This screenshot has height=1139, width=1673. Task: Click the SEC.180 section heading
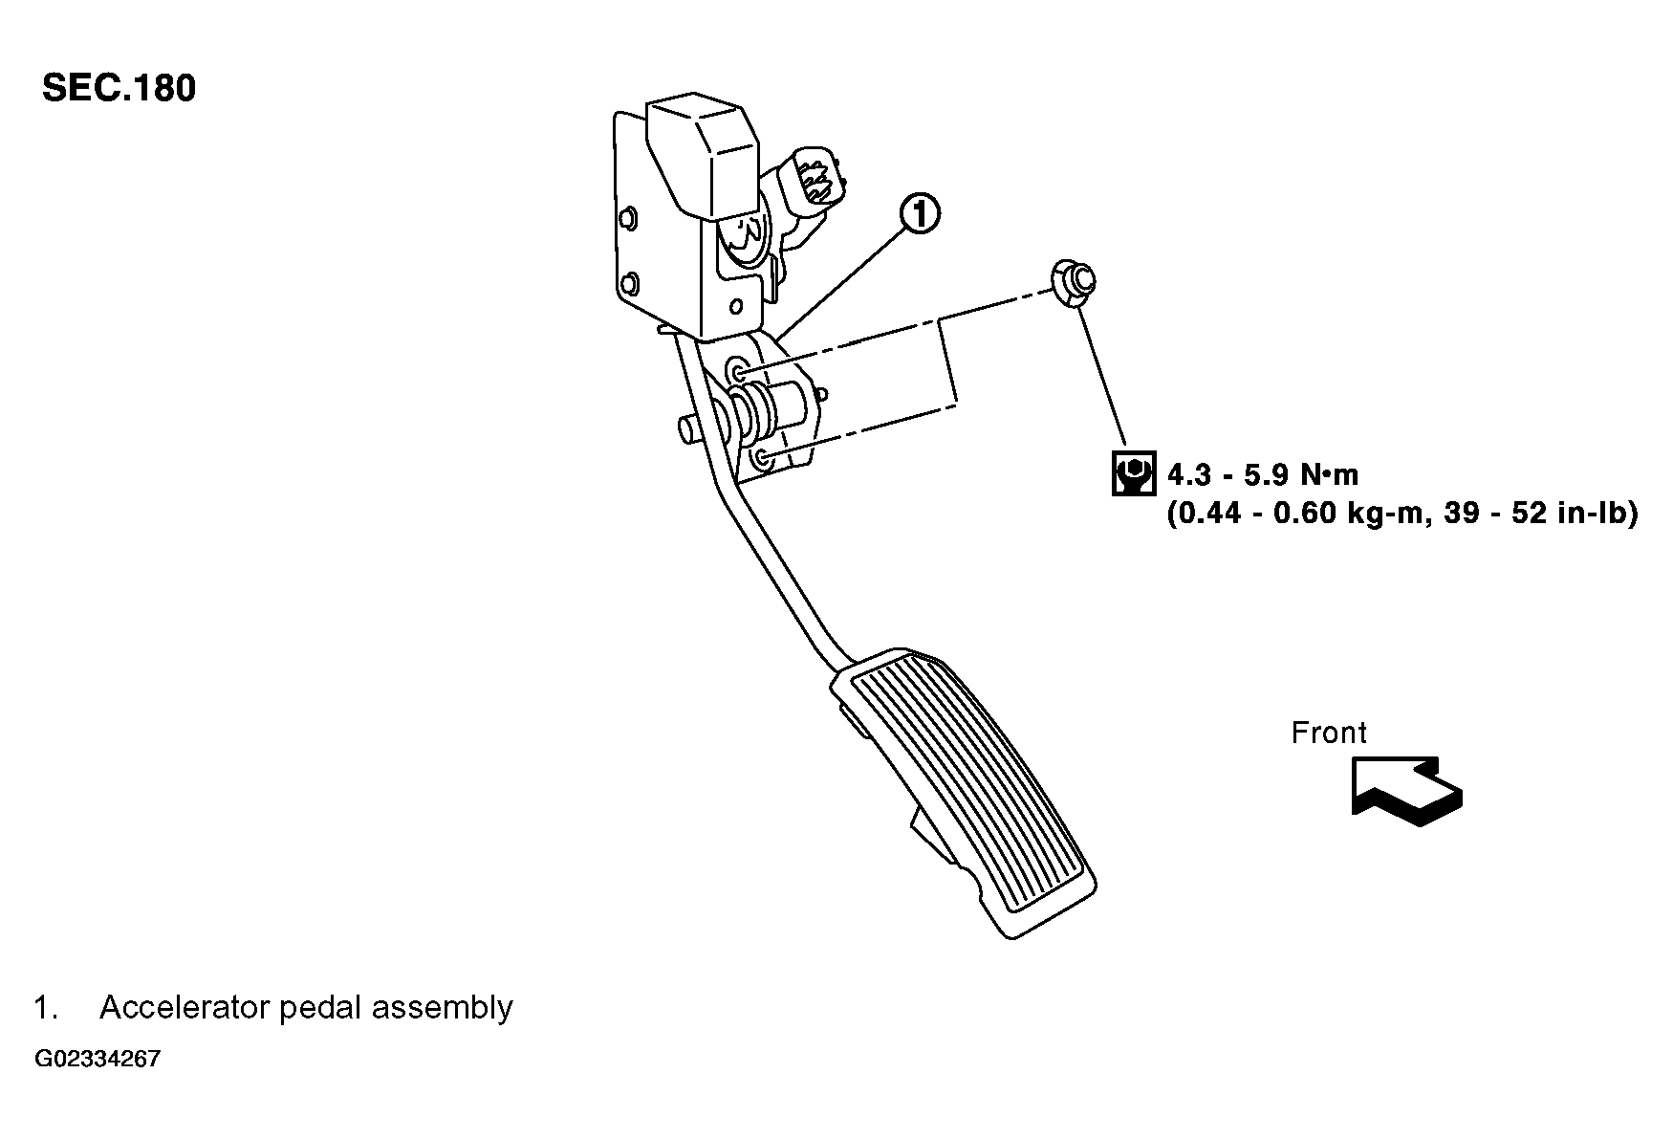(119, 88)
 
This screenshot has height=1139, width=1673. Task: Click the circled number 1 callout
(919, 214)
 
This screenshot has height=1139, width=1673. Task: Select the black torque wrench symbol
(1134, 473)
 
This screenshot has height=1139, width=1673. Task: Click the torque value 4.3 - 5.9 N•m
(1263, 474)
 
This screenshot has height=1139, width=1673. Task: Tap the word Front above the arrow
(1328, 733)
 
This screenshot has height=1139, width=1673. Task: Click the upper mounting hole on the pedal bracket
(739, 369)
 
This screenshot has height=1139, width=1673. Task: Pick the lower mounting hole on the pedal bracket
(762, 460)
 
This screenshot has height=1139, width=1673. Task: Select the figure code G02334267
(98, 1060)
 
